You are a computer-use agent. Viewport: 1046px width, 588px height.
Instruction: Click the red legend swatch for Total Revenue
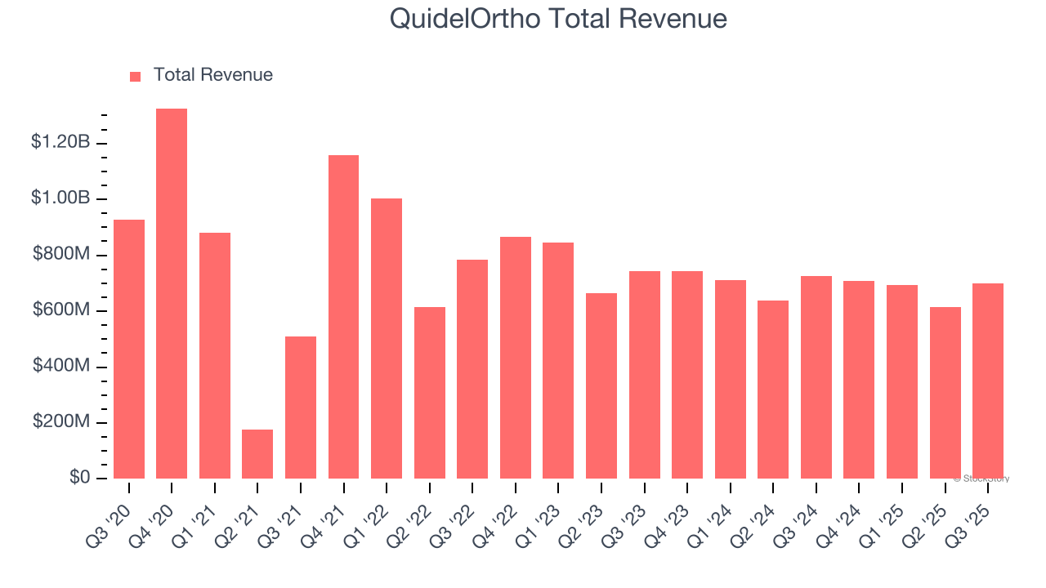coord(136,76)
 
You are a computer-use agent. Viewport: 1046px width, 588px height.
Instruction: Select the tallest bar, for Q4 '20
coord(172,294)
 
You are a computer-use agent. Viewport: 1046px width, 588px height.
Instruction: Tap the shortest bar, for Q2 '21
coord(257,454)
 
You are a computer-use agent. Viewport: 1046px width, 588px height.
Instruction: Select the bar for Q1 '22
coord(387,338)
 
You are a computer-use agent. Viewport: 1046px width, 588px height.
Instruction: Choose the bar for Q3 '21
coord(301,408)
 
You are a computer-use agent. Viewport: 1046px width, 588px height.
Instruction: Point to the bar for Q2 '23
coord(601,385)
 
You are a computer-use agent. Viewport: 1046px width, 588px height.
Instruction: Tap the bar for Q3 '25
coord(988,381)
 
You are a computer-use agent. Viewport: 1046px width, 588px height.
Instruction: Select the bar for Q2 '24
coord(773,390)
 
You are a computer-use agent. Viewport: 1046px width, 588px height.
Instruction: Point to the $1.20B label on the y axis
coord(60,142)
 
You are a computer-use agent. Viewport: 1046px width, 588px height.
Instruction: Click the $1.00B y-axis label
coord(60,198)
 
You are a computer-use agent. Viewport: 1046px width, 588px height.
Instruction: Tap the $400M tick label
coord(61,366)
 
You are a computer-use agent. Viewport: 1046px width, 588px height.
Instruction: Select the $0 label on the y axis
coord(78,478)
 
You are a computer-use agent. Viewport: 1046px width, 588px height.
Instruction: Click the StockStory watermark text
coord(981,479)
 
